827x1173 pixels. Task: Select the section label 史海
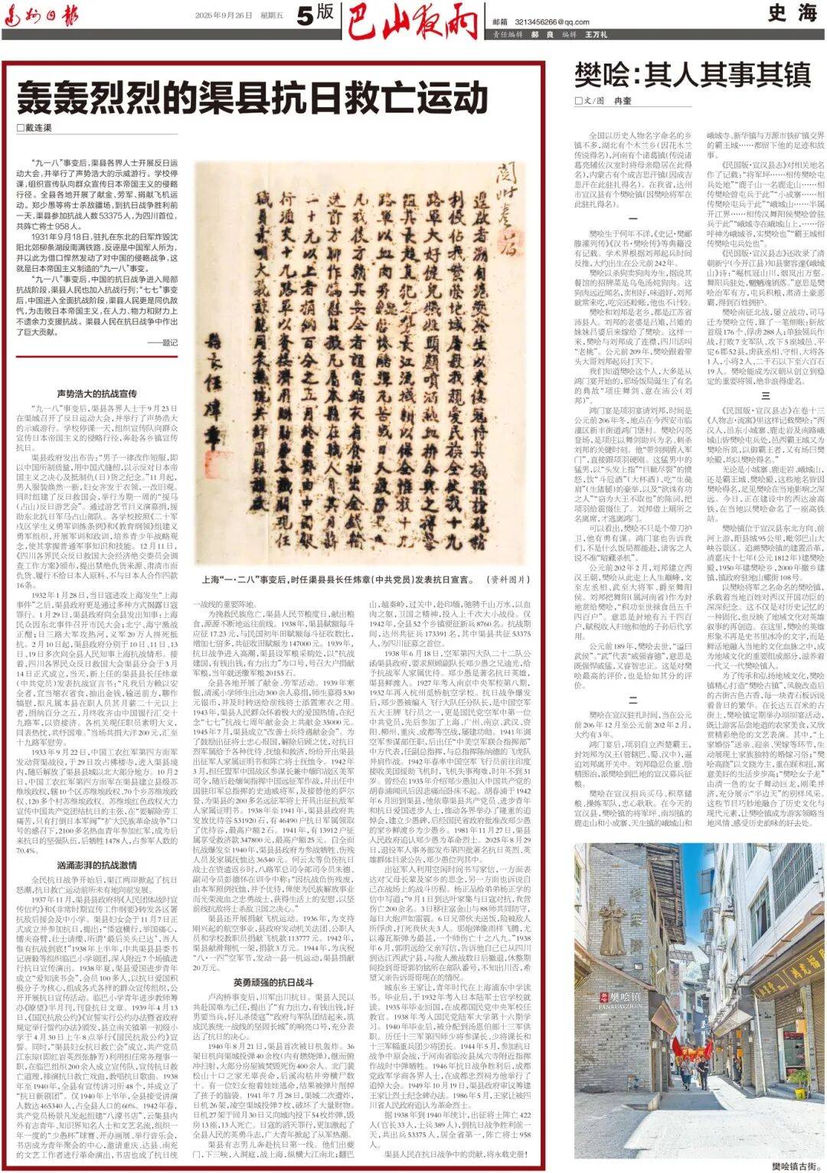(792, 13)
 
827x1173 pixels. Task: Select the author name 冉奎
(623, 101)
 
